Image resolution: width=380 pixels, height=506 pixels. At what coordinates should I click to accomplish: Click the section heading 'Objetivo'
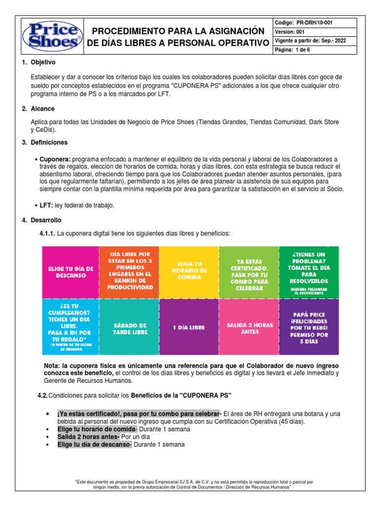pyautogui.click(x=43, y=63)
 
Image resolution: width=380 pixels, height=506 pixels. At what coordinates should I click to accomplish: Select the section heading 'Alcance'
pyautogui.click(x=43, y=108)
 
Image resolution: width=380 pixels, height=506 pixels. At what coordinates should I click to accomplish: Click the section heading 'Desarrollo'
pyautogui.click(x=46, y=219)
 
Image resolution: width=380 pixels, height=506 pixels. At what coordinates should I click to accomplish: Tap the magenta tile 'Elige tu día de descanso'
pyautogui.click(x=71, y=272)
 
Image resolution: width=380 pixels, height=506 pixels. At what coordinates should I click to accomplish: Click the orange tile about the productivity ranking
pyautogui.click(x=130, y=272)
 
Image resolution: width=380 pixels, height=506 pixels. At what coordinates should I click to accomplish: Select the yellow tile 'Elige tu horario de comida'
pyautogui.click(x=189, y=272)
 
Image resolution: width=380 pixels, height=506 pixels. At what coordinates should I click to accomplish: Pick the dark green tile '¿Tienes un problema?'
pyautogui.click(x=309, y=272)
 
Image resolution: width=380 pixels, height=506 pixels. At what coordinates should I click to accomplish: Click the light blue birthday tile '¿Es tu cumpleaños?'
pyautogui.click(x=71, y=327)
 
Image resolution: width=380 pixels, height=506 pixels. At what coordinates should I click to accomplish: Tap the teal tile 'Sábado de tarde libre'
pyautogui.click(x=130, y=327)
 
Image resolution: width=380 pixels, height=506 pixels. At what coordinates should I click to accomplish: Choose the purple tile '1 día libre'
pyautogui.click(x=189, y=327)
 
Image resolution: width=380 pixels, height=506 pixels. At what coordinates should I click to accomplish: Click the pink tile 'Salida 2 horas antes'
pyautogui.click(x=249, y=327)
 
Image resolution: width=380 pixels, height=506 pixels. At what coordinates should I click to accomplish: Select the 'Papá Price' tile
pyautogui.click(x=309, y=327)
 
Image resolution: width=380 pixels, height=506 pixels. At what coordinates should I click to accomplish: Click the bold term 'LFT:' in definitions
pyautogui.click(x=47, y=205)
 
